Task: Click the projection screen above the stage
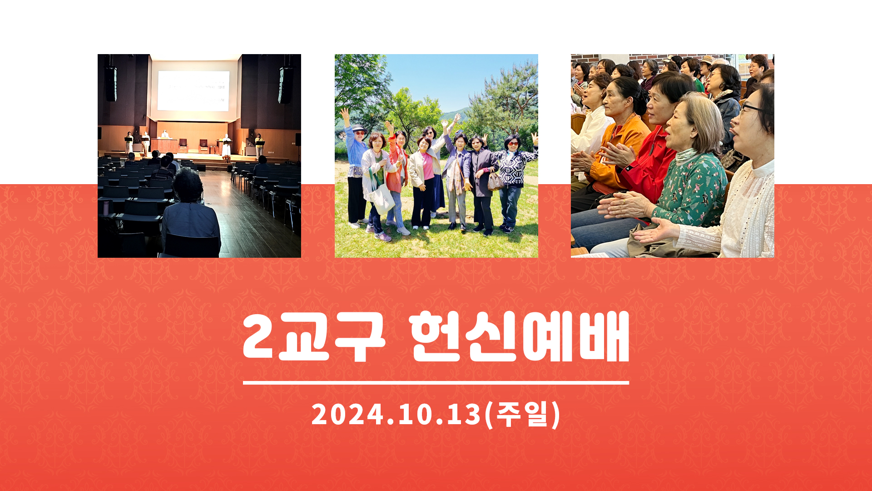193,91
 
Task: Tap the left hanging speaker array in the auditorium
111,84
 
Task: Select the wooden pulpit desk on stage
164,145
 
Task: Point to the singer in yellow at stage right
259,145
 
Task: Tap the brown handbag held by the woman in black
495,180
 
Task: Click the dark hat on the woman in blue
358,128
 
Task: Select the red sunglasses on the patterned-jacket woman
512,144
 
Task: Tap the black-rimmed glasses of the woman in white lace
752,109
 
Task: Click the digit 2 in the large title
258,337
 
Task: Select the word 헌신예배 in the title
519,337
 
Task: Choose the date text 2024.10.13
396,415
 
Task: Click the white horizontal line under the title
436,383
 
